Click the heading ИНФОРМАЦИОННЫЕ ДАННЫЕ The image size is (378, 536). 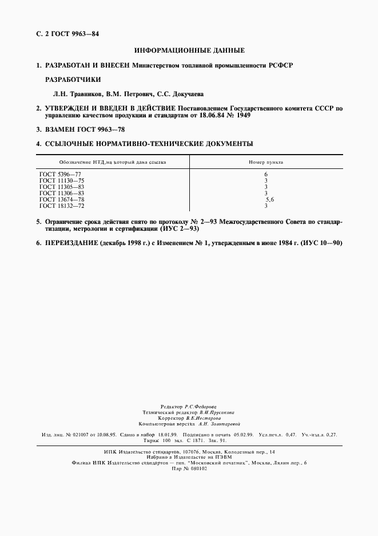pyautogui.click(x=189, y=50)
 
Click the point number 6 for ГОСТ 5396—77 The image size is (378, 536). pyautogui.click(x=266, y=174)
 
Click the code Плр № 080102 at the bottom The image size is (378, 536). pyautogui.click(x=189, y=468)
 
